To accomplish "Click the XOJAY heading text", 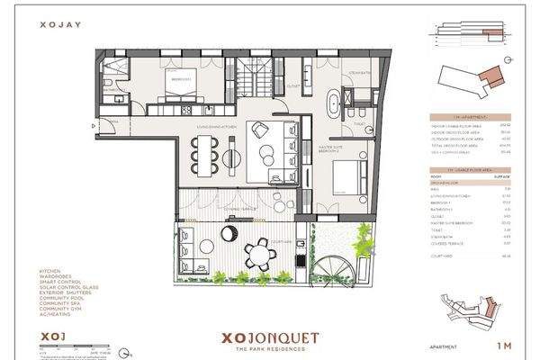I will [55, 28].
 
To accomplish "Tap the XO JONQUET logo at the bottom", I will [269, 339].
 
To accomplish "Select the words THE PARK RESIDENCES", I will [269, 351].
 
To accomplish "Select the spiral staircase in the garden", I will [345, 267].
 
